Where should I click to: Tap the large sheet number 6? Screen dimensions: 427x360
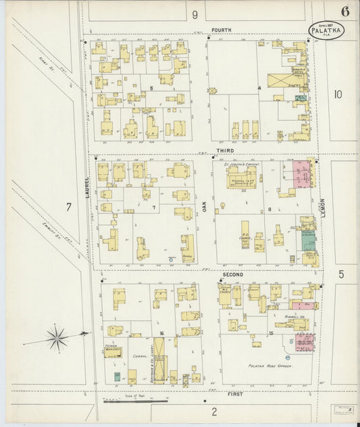pos(345,11)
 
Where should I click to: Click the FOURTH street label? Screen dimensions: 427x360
pos(221,30)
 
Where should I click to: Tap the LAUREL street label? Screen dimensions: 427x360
pos(87,186)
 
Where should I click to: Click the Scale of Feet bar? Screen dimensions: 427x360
pos(135,400)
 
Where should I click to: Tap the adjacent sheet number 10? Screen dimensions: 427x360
pos(338,95)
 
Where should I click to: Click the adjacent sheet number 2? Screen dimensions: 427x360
pos(214,411)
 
